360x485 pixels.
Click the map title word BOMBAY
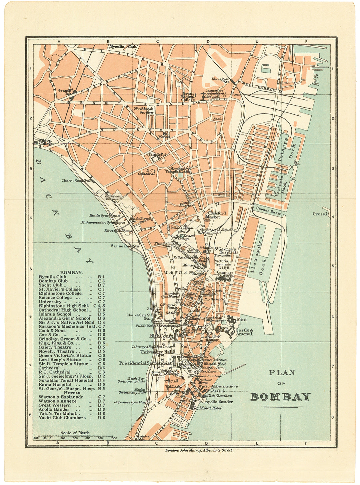pos(280,397)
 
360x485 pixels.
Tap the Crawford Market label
pos(217,215)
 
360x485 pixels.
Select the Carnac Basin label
pos(269,211)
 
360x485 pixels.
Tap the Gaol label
pos(217,118)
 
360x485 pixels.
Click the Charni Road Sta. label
pos(76,181)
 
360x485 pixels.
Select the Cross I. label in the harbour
pos(320,214)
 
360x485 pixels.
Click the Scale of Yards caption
pos(75,433)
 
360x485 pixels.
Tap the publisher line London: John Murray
pos(199,450)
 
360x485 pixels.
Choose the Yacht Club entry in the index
pos(53,285)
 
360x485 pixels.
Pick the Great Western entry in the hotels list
pos(54,405)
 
